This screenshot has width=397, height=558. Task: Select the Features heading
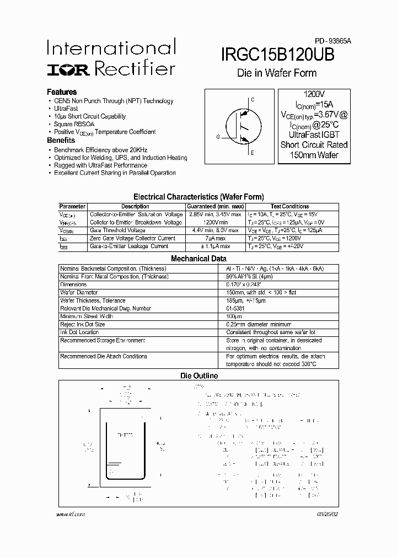(62, 92)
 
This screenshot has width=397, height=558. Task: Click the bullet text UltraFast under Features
(66, 109)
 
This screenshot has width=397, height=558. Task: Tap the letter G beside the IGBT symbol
(218, 136)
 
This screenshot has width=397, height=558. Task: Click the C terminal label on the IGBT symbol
(253, 100)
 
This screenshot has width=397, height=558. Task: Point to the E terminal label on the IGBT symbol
(253, 153)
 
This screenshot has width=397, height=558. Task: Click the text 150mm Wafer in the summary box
(314, 155)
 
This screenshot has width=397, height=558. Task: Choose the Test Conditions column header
(289, 206)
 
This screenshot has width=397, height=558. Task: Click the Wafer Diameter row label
(79, 292)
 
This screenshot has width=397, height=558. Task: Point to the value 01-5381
(235, 308)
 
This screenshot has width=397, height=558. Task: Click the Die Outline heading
(199, 375)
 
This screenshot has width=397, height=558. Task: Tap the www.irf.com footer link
(71, 514)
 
